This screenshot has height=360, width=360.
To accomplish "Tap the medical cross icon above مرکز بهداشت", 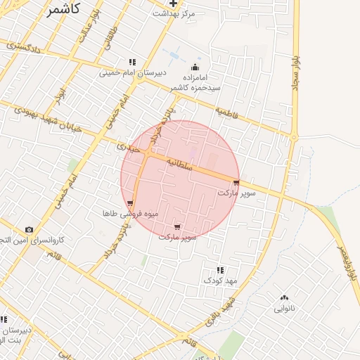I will coord(174,4).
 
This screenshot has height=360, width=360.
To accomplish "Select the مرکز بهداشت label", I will coord(176,14).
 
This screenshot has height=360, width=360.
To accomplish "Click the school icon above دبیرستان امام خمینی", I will coord(132,62).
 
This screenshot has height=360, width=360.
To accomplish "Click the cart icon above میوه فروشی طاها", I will coord(130,203).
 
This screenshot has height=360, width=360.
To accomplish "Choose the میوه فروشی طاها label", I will coord(130,213).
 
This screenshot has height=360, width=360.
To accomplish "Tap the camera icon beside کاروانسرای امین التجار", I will coord(29,229).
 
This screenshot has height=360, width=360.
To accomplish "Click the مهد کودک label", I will coord(221,280).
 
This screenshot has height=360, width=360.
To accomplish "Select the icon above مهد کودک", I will coord(221,269).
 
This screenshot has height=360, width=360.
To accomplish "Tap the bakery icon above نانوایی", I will coord(284,297).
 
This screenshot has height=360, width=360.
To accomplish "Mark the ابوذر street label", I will coord(61,90).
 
